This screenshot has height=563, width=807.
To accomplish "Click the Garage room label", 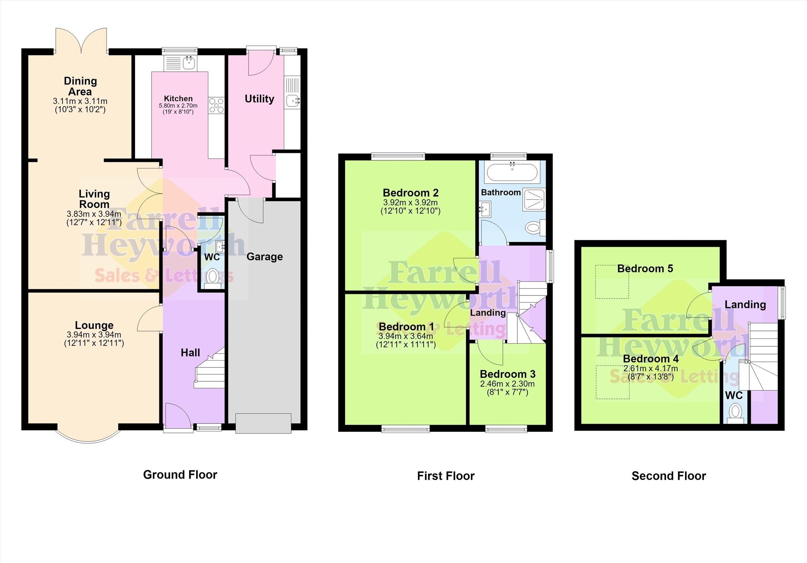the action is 264,257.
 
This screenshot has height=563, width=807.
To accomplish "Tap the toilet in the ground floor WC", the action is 213,278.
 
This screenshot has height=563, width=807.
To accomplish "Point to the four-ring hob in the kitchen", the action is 216,106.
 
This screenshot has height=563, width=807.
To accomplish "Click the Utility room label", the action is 259,99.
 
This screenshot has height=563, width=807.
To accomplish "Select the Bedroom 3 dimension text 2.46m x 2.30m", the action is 507,384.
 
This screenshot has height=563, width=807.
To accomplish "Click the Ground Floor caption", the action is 180,475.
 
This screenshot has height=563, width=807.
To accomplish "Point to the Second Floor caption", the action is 669,476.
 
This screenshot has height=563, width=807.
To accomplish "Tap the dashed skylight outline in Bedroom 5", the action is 612,281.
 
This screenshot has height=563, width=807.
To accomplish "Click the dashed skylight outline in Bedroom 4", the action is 612,382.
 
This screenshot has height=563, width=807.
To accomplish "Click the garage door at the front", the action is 263,423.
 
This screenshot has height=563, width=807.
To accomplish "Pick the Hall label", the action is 190,353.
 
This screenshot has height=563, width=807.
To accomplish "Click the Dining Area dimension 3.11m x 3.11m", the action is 80,102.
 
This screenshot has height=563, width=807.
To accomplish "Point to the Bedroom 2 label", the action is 410,193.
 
